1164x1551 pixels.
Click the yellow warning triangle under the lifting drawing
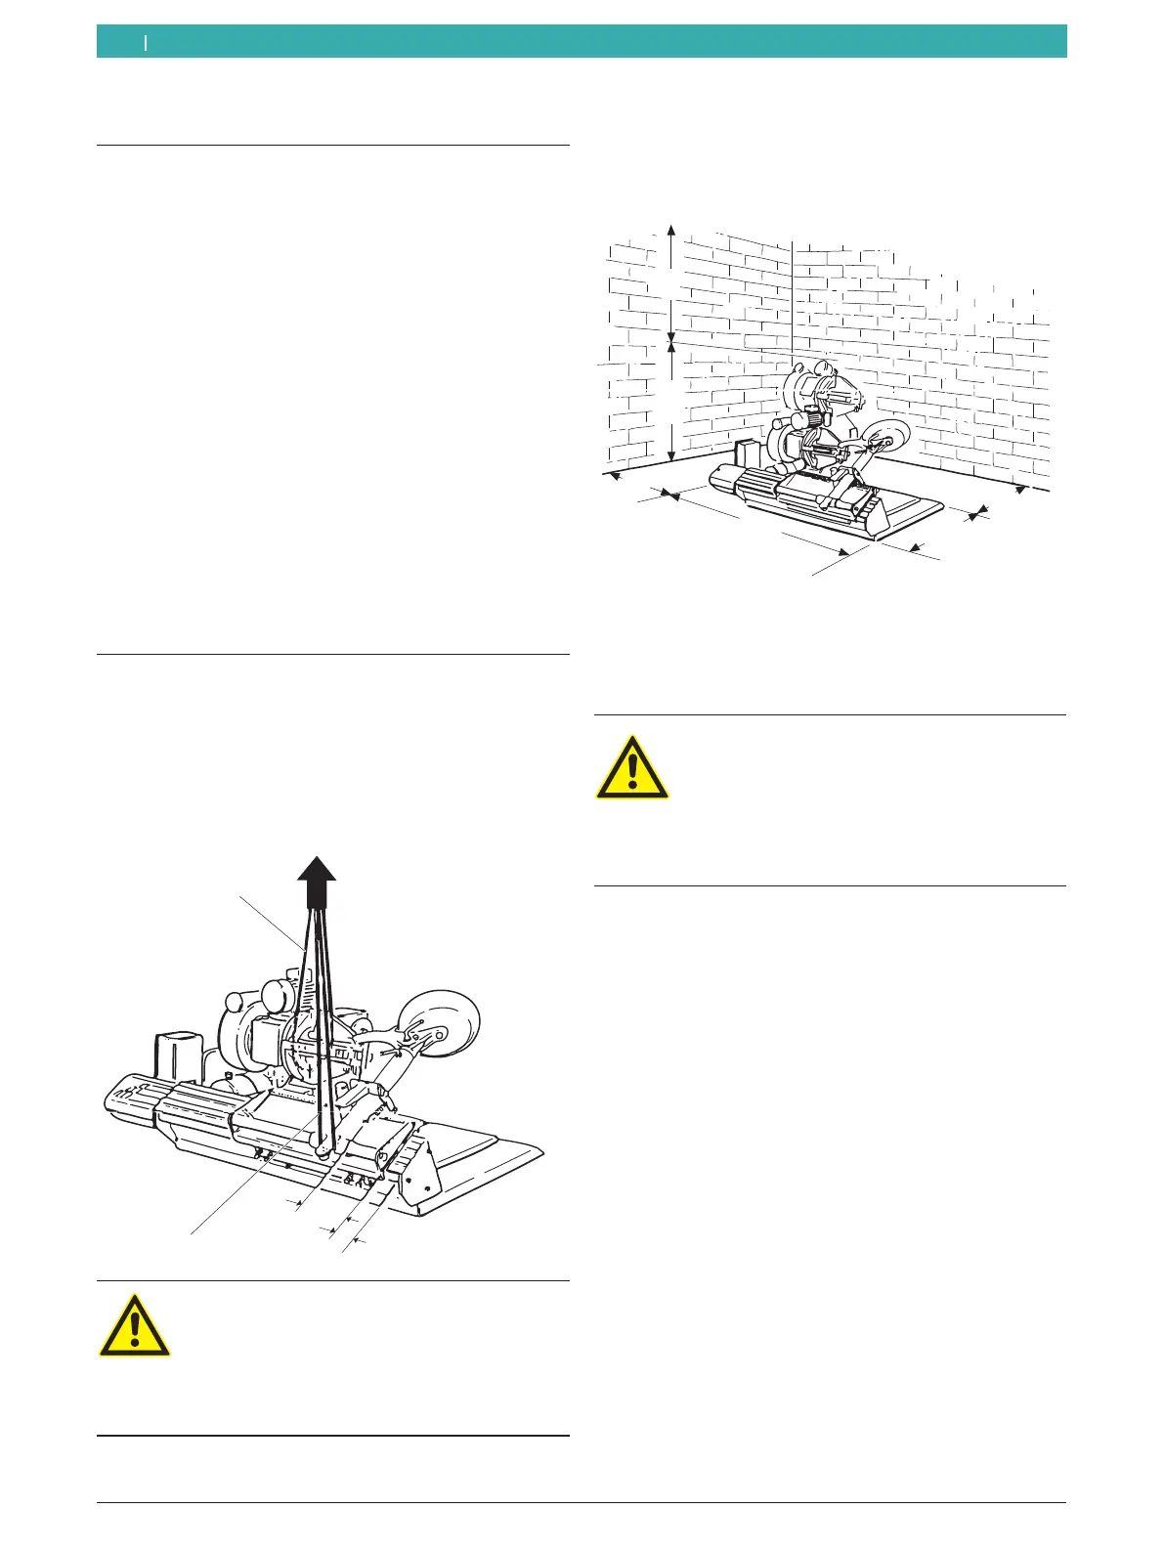(x=135, y=1327)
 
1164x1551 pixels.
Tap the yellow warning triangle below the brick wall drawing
(x=633, y=768)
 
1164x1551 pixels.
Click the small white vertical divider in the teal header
(x=146, y=42)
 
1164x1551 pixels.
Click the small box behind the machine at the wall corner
(x=750, y=455)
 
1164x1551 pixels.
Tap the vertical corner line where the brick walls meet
(x=792, y=293)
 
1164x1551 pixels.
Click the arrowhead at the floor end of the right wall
(x=1021, y=488)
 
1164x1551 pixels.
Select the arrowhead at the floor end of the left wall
(x=613, y=476)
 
